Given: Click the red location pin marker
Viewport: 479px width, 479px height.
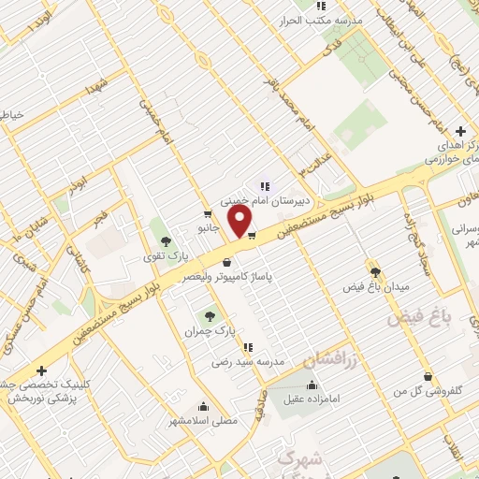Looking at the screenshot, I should pyautogui.click(x=240, y=222).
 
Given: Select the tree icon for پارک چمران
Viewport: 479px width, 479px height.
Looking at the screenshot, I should pyautogui.click(x=210, y=315).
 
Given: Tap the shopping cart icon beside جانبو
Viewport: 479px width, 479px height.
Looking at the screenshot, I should pyautogui.click(x=207, y=213).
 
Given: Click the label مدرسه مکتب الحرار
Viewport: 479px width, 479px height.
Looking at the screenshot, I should pyautogui.click(x=327, y=21).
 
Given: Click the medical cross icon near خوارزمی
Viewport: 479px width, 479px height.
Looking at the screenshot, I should pyautogui.click(x=459, y=131).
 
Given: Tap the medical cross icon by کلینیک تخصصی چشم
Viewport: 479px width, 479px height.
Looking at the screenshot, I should pyautogui.click(x=41, y=370).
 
